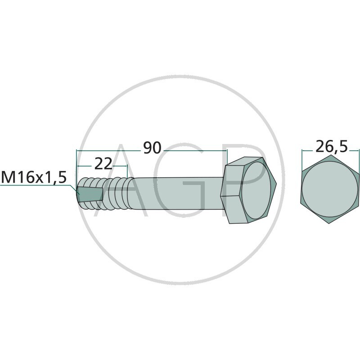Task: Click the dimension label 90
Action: click(152, 148)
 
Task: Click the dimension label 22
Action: click(103, 164)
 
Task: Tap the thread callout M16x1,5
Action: click(34, 177)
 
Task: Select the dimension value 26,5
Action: click(332, 147)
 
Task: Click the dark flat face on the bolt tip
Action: click(90, 194)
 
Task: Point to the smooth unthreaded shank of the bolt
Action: click(177, 193)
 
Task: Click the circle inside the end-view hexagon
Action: click(329, 189)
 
